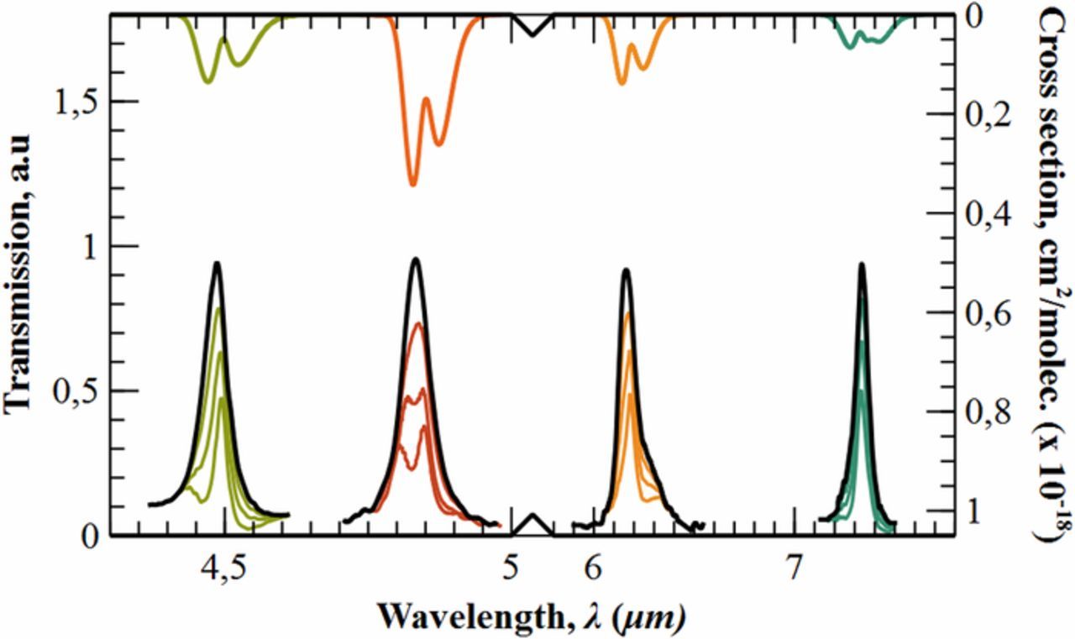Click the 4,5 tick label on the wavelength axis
[x=223, y=568]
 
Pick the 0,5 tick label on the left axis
[x=76, y=391]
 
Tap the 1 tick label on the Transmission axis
[x=91, y=246]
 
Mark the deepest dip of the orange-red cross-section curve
[x=412, y=184]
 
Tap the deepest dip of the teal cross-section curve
[x=849, y=46]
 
